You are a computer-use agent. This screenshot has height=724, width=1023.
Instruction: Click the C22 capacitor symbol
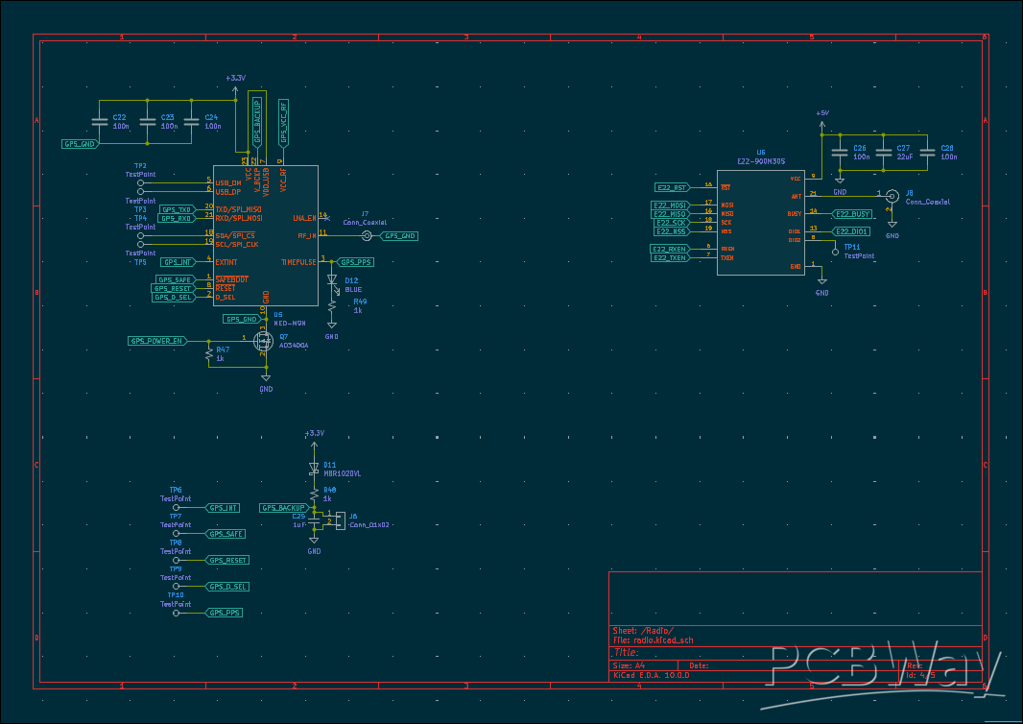(x=99, y=122)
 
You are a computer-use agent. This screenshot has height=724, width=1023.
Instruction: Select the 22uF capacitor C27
(x=884, y=152)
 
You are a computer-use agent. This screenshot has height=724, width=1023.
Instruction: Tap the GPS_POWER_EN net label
(x=155, y=341)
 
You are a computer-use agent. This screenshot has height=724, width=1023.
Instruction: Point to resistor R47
(x=209, y=355)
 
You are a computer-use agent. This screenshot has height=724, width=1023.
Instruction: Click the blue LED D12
(x=332, y=281)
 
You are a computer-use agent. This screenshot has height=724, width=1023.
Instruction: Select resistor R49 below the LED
(x=332, y=305)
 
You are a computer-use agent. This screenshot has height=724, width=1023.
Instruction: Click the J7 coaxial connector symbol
(x=365, y=235)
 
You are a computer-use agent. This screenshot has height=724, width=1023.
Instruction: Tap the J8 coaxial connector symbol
(x=892, y=196)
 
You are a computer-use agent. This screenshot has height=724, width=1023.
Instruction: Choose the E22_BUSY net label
(x=852, y=214)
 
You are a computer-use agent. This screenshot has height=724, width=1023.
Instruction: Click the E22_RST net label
(x=672, y=187)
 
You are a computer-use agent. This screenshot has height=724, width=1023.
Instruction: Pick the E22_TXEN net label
(x=670, y=257)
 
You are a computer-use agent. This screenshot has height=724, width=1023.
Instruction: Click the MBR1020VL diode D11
(x=314, y=470)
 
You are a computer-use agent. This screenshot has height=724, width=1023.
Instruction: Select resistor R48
(x=314, y=493)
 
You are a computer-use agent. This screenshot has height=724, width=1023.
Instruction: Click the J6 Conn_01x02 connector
(x=339, y=519)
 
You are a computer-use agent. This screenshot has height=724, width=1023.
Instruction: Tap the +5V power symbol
(x=821, y=114)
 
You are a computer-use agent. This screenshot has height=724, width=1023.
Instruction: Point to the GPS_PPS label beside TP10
(x=225, y=613)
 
